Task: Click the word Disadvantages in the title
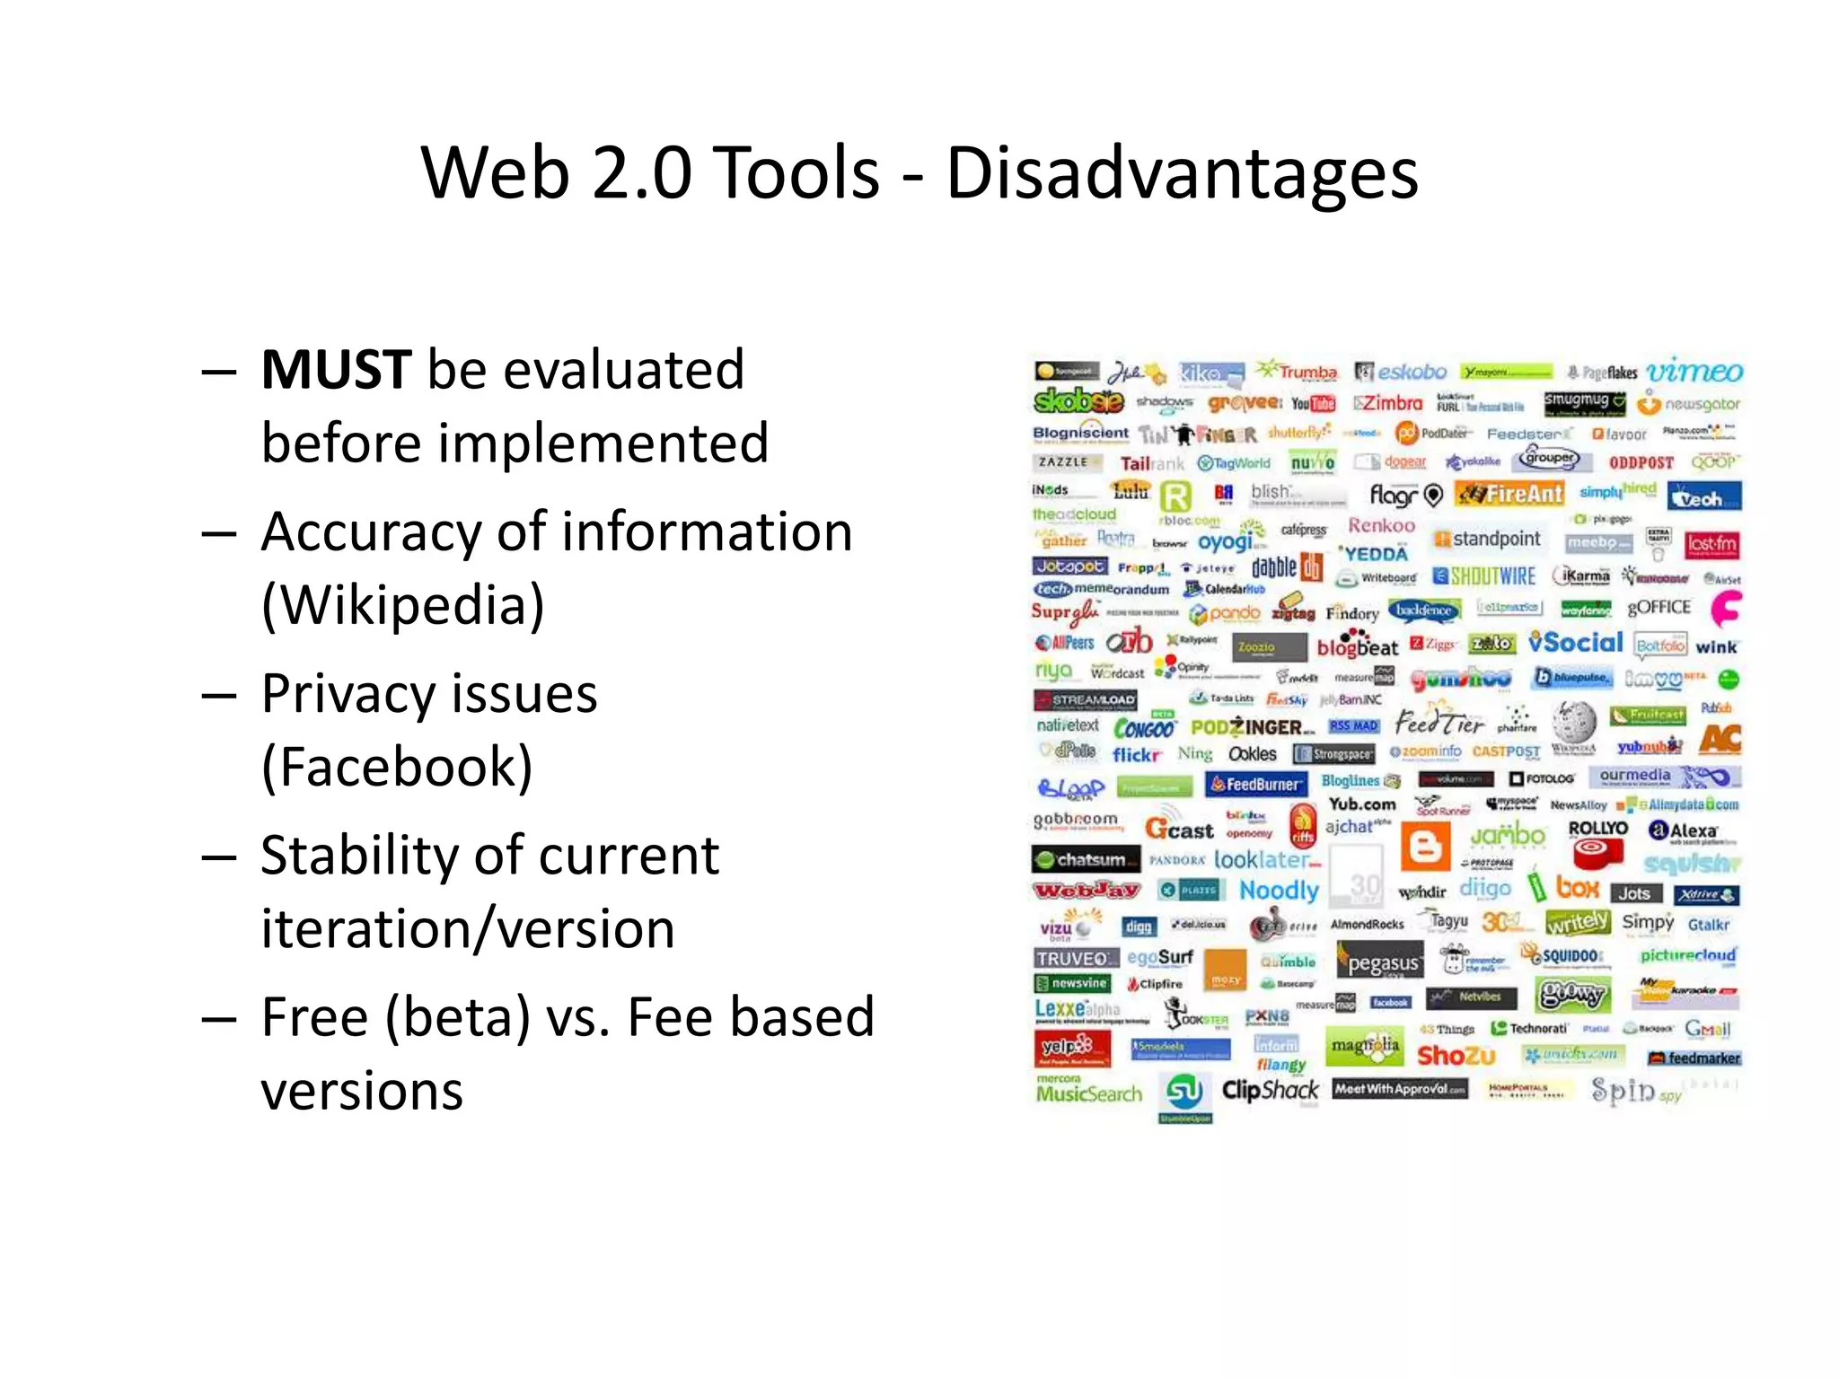click(1181, 172)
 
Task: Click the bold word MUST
click(336, 370)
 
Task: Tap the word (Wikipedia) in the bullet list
click(403, 605)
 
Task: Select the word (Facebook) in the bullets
click(397, 768)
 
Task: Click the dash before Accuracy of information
click(220, 534)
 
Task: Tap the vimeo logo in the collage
click(1694, 371)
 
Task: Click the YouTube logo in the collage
click(1313, 404)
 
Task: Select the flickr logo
click(1136, 755)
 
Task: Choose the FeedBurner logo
click(1254, 784)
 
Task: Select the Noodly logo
click(1279, 891)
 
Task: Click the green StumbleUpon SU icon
click(1184, 1093)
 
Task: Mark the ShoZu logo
click(1456, 1056)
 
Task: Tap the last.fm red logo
click(1711, 544)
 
